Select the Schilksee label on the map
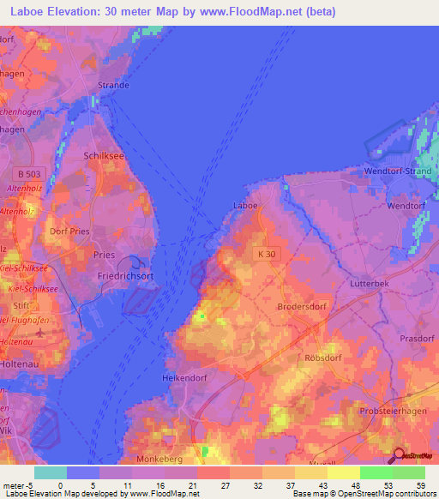point(104,156)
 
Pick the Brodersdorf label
point(300,306)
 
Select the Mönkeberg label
point(160,459)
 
